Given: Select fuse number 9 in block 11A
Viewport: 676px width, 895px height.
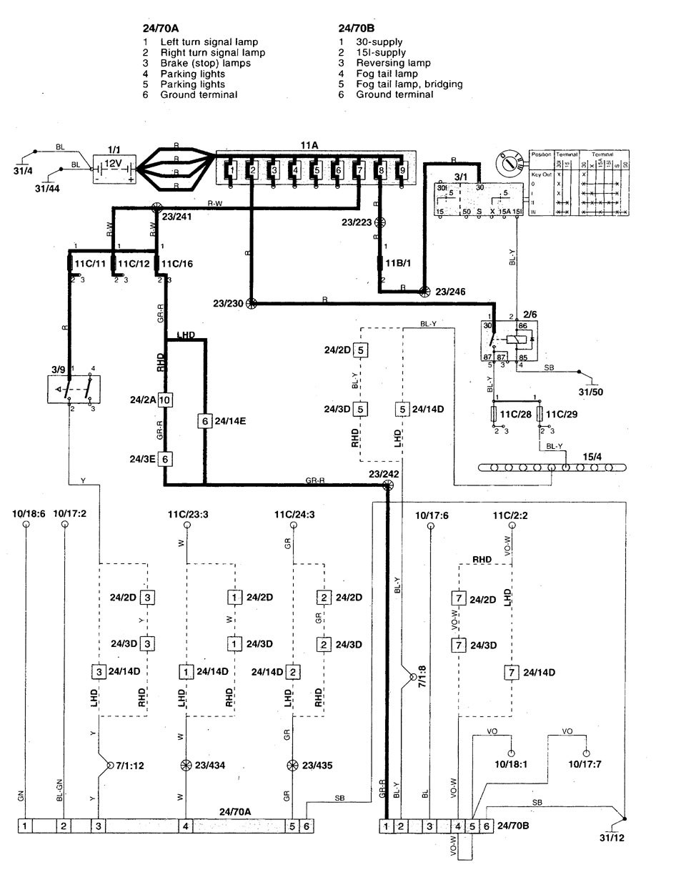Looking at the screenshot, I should [402, 171].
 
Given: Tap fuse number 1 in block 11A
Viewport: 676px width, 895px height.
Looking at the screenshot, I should [230, 171].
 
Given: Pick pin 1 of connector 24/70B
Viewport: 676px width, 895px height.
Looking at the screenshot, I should [387, 826].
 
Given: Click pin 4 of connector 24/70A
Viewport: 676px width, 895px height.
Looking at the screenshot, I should [187, 826].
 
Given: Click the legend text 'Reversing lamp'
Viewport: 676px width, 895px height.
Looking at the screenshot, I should [391, 63].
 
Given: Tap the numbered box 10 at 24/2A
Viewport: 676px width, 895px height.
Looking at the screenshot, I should [165, 400].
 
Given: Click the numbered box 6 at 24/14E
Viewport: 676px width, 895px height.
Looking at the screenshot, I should [205, 422].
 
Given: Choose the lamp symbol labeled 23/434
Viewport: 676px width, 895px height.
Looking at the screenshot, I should [187, 766].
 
